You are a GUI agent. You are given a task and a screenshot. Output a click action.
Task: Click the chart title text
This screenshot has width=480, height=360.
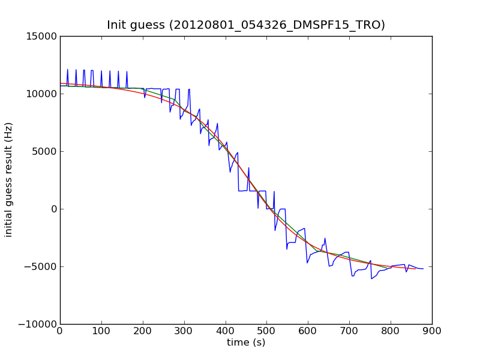click(x=246, y=25)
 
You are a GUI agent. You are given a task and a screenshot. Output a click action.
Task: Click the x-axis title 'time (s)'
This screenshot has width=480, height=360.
click(x=246, y=343)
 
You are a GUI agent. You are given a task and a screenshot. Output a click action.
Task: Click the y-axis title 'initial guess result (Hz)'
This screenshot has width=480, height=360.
click(x=9, y=180)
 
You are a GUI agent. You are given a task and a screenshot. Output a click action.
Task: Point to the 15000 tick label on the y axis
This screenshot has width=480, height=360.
click(x=41, y=36)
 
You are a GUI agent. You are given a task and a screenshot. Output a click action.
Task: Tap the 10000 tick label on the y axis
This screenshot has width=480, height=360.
click(x=41, y=94)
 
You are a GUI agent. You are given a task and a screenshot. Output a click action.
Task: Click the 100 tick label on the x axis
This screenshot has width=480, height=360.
click(x=101, y=331)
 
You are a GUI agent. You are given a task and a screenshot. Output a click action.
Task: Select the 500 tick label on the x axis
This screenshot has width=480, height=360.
click(x=266, y=331)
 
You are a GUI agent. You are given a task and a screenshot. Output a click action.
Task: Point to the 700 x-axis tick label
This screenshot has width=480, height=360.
click(x=349, y=331)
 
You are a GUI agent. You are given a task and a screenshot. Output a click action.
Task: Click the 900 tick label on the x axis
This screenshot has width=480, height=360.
click(x=432, y=331)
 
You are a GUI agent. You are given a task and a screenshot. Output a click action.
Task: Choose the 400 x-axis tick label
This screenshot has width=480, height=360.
click(x=226, y=331)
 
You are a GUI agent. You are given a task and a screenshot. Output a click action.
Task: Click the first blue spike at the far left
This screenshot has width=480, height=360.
click(x=68, y=70)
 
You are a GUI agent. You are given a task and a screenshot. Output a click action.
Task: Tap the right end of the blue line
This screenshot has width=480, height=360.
click(x=423, y=269)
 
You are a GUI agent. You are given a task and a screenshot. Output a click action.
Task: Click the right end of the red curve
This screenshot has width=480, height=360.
click(x=415, y=269)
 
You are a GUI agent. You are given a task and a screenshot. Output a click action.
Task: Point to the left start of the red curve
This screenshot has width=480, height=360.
click(x=61, y=83)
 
